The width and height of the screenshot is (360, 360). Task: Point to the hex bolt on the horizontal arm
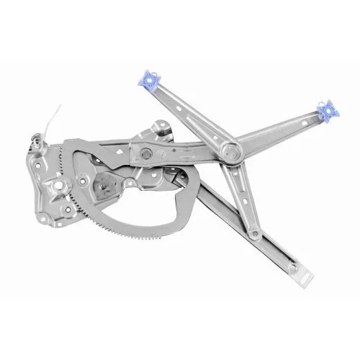[146, 153]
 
